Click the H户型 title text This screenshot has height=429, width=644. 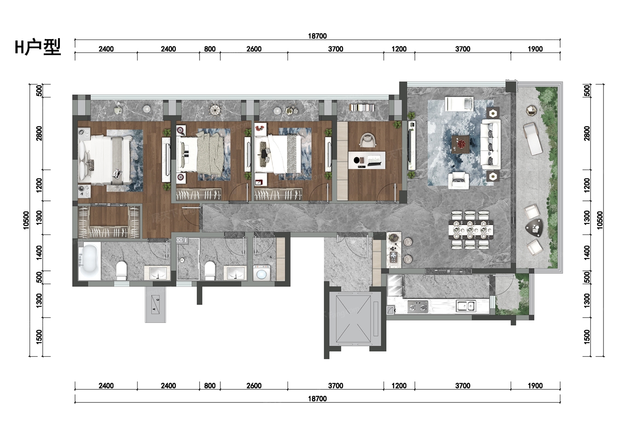click(x=38, y=47)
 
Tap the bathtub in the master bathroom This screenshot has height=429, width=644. click(x=89, y=261)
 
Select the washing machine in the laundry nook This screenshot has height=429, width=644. click(x=261, y=273)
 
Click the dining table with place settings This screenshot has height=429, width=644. click(x=471, y=229)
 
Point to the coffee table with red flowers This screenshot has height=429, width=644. click(x=460, y=144)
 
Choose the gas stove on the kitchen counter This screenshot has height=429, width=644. click(x=418, y=307)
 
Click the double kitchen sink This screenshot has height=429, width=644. click(x=466, y=306)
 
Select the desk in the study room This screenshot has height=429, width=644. click(x=367, y=160)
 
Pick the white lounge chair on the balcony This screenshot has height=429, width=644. click(x=533, y=139)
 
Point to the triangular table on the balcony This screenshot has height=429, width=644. click(x=534, y=228)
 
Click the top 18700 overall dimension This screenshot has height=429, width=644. click(x=317, y=36)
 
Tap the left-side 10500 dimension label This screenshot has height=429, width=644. click(x=26, y=220)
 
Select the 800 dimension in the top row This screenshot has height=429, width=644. click(x=210, y=49)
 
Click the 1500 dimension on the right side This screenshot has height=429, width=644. click(x=587, y=337)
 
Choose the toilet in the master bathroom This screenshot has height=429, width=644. click(x=121, y=270)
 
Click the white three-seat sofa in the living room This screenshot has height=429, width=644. click(x=490, y=144)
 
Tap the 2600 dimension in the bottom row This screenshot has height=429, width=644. click(x=254, y=386)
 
